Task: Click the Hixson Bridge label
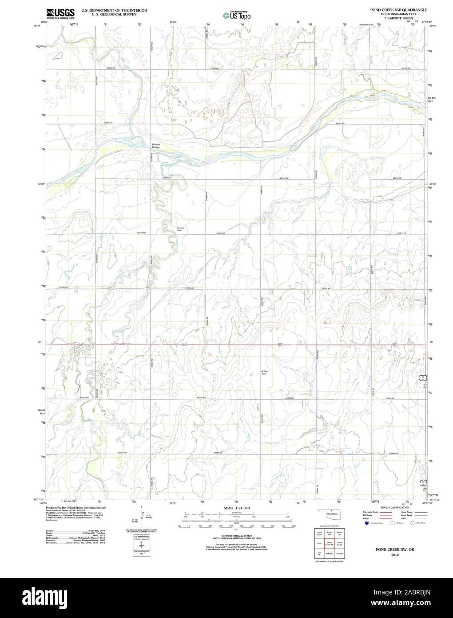click(x=155, y=146)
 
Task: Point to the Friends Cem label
click(x=180, y=229)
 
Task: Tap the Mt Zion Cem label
click(x=264, y=372)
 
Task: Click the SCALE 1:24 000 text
click(x=237, y=508)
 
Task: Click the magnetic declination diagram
click(x=142, y=516)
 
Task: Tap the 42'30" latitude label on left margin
click(x=42, y=184)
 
